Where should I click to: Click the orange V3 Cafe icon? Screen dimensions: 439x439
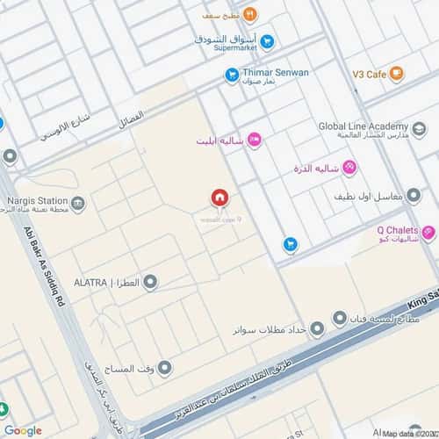coord(398,74)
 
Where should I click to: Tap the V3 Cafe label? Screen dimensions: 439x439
coord(369,75)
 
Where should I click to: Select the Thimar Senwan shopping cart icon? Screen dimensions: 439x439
coord(232,76)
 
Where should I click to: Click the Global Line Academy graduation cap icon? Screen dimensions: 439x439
coord(419,129)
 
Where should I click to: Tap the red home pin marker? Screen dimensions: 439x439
coord(219,198)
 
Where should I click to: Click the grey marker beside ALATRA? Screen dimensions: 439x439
coord(150,282)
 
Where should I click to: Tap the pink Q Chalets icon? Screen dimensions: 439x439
coord(428,234)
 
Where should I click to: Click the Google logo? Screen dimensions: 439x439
coord(23,430)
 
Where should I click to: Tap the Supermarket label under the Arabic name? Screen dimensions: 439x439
coord(227,49)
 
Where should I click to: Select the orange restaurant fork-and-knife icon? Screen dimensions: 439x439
coord(249,13)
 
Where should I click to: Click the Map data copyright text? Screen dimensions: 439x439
coord(408,433)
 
